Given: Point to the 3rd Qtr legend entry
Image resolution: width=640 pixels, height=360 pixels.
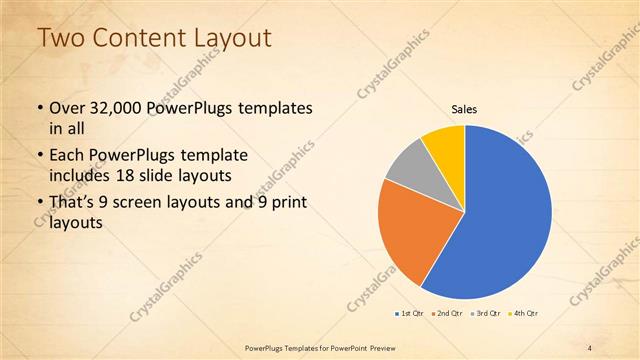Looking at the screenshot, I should [x=487, y=314].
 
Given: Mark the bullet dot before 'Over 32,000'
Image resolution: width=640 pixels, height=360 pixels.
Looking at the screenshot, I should [x=39, y=108].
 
